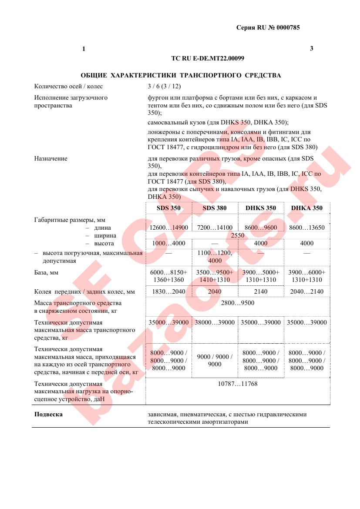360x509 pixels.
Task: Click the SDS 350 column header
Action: (168, 208)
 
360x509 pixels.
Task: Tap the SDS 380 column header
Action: (215, 208)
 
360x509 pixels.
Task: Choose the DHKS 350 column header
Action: (260, 208)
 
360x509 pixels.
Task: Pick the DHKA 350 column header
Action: (306, 208)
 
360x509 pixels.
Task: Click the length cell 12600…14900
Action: (168, 228)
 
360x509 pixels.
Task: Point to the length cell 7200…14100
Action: (215, 228)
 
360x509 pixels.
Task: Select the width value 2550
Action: (237, 235)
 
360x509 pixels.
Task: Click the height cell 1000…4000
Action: (168, 244)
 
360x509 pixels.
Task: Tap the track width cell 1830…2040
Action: (168, 291)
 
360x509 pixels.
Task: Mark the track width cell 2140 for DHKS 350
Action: (260, 291)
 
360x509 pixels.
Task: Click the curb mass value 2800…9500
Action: (237, 303)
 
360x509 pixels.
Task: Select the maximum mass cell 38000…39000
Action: (215, 322)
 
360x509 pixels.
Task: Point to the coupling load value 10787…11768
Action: (237, 384)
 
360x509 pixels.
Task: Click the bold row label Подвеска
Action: (48, 414)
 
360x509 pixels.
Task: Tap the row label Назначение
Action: (50, 158)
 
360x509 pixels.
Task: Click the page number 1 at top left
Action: (84, 49)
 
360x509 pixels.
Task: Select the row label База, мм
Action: (46, 272)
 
